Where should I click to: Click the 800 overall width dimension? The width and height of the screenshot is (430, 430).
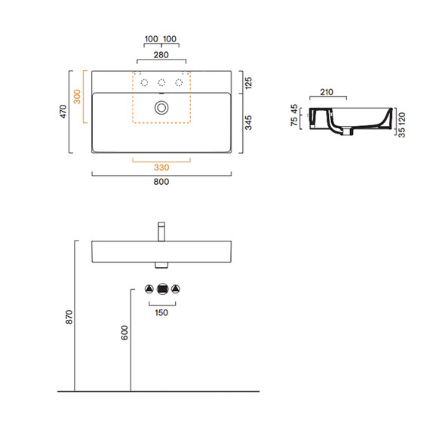(161, 182)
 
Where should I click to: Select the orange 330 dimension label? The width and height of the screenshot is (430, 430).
(161, 167)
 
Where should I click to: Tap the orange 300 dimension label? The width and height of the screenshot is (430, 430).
(78, 97)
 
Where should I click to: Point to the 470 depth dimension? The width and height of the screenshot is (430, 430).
(63, 112)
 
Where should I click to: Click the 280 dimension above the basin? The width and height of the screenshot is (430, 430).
(161, 55)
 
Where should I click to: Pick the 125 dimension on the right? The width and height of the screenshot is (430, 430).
(248, 83)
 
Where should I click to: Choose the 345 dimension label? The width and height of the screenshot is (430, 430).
(248, 122)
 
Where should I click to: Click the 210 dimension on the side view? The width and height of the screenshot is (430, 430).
(327, 92)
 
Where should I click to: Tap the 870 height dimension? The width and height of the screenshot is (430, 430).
(69, 317)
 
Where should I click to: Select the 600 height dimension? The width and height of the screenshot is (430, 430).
(124, 333)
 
